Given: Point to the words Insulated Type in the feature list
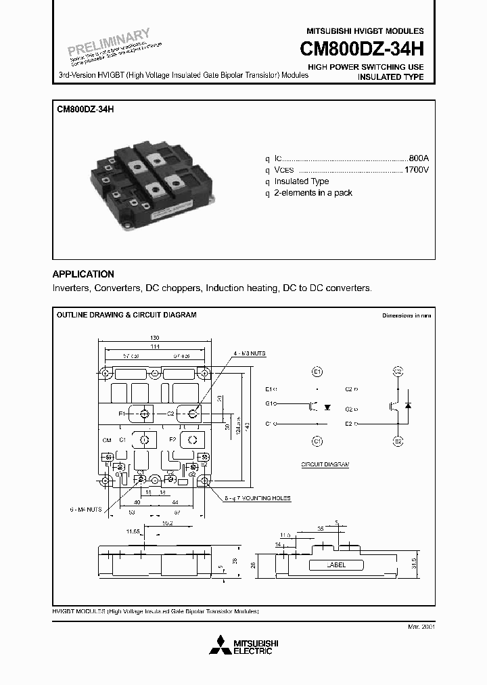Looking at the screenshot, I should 301,181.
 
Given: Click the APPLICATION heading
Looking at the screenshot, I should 83,274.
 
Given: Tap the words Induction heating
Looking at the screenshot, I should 241,288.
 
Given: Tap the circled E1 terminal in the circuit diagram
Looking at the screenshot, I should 317,372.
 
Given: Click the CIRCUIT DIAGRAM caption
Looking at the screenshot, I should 325,465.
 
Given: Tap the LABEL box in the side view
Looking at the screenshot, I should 335,565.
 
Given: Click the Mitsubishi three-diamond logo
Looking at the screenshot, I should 220,646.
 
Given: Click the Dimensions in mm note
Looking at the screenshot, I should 406,315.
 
